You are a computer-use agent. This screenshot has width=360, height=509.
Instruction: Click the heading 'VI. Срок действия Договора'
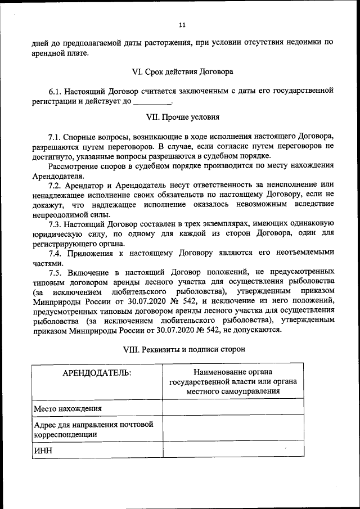[x=182, y=72]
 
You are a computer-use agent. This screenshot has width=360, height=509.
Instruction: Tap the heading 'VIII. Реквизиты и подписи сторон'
[x=184, y=349]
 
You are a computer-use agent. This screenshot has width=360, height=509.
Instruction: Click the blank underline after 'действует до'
[x=152, y=102]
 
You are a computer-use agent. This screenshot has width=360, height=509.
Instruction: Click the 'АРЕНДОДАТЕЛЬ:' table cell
[x=97, y=373]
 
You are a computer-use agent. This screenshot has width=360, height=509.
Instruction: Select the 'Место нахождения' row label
[x=68, y=408]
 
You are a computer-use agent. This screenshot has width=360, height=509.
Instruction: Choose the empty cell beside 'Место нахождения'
[x=233, y=408]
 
